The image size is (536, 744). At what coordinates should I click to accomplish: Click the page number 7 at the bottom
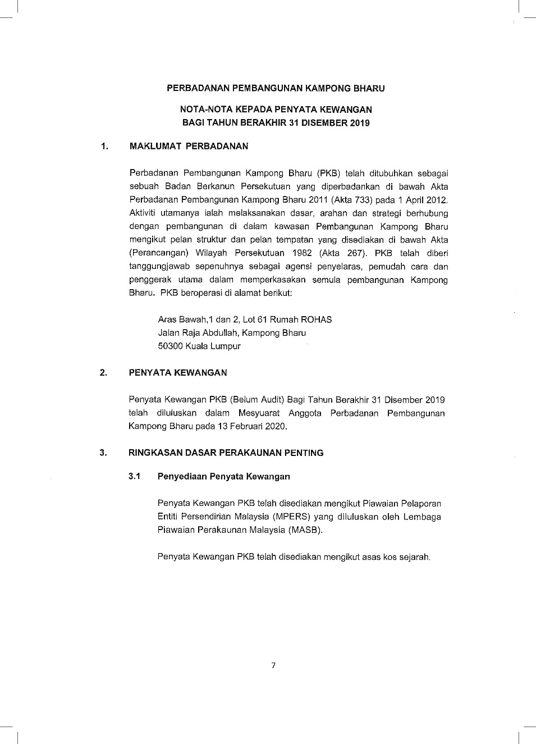tap(273, 665)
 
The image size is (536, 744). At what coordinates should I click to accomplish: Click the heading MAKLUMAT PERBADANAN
tap(189, 146)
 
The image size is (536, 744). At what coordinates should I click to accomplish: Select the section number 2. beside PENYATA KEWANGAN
tap(103, 372)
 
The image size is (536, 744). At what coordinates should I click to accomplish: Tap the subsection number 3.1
tap(134, 476)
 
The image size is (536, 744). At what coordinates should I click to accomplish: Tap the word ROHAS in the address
tap(316, 319)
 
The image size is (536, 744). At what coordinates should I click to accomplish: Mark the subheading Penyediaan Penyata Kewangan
tap(223, 476)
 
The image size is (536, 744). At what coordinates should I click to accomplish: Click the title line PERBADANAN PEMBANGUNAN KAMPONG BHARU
tap(276, 88)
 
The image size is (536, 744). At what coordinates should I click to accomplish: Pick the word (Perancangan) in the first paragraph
tap(159, 253)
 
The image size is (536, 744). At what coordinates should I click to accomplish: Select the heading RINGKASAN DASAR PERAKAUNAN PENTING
tap(226, 453)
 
